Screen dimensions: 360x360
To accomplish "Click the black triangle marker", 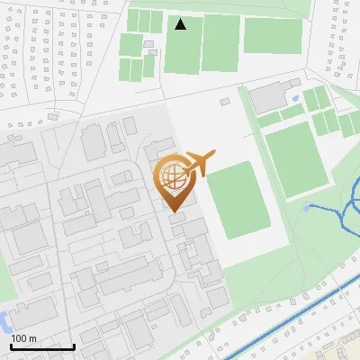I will click(181, 24).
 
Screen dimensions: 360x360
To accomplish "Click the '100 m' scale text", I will click(23, 337).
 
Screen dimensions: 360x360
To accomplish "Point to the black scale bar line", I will click(42, 346).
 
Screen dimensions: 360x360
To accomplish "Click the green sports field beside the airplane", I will click(238, 200).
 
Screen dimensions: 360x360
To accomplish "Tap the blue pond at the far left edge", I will click(4, 319).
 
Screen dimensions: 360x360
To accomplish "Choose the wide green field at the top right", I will click(272, 36).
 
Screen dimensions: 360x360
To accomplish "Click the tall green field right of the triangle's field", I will click(220, 42).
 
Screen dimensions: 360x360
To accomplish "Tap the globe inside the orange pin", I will click(171, 175).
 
